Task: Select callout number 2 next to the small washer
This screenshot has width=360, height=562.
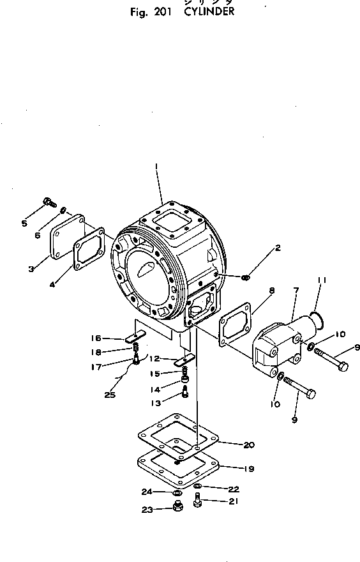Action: tap(278, 248)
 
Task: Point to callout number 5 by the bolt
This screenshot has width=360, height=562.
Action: tap(24, 223)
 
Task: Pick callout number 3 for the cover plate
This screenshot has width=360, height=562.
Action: tap(31, 269)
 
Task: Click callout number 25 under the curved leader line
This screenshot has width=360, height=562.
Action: tap(110, 395)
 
